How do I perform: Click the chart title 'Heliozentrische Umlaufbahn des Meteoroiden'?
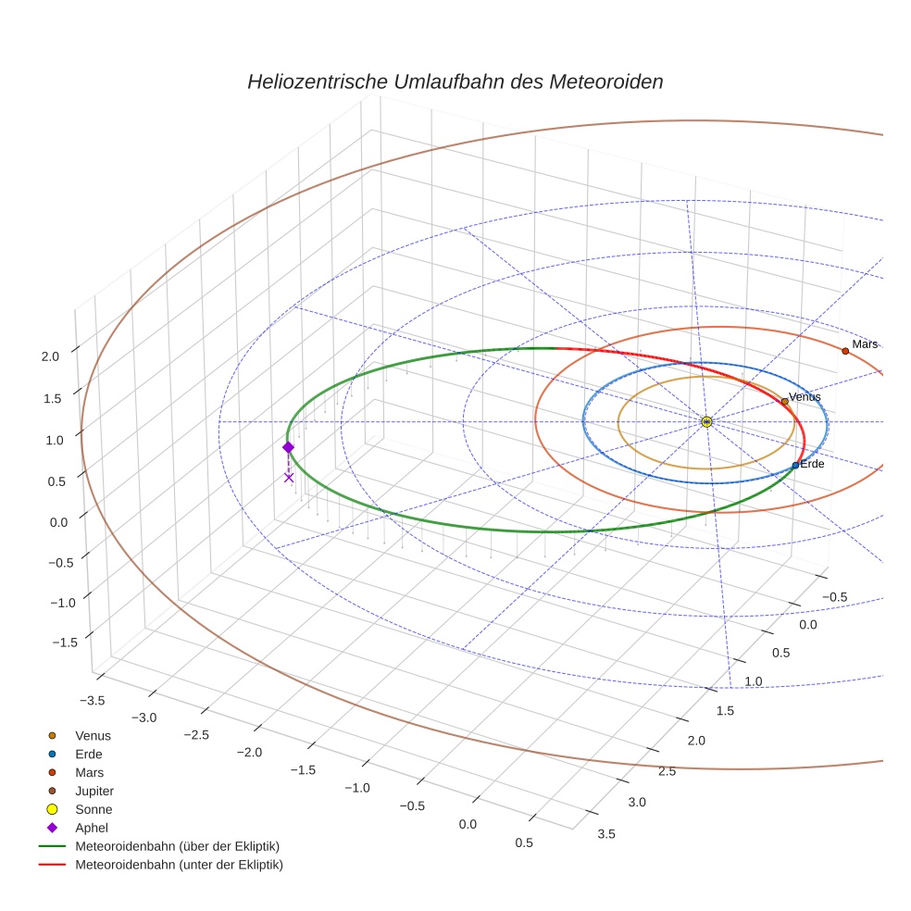(x=455, y=81)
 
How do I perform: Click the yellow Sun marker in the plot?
(x=706, y=422)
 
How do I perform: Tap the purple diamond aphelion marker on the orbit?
(x=288, y=447)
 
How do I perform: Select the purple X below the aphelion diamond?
(x=289, y=478)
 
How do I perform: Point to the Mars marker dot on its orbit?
(x=845, y=351)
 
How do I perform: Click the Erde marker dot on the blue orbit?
(x=795, y=465)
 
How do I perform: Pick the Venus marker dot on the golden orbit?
(x=785, y=401)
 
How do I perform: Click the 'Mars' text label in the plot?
(x=865, y=344)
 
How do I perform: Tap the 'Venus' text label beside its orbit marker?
(x=805, y=397)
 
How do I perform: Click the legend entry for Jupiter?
(x=94, y=791)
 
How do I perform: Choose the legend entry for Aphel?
(x=91, y=828)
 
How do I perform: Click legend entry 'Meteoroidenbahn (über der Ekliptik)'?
(x=177, y=846)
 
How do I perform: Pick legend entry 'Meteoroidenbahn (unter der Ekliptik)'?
(x=179, y=865)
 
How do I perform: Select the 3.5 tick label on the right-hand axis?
(x=607, y=833)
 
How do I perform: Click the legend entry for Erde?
(x=89, y=754)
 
